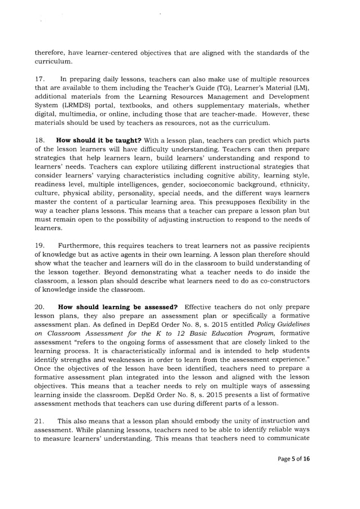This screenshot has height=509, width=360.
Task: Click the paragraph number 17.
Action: (x=39, y=80)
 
